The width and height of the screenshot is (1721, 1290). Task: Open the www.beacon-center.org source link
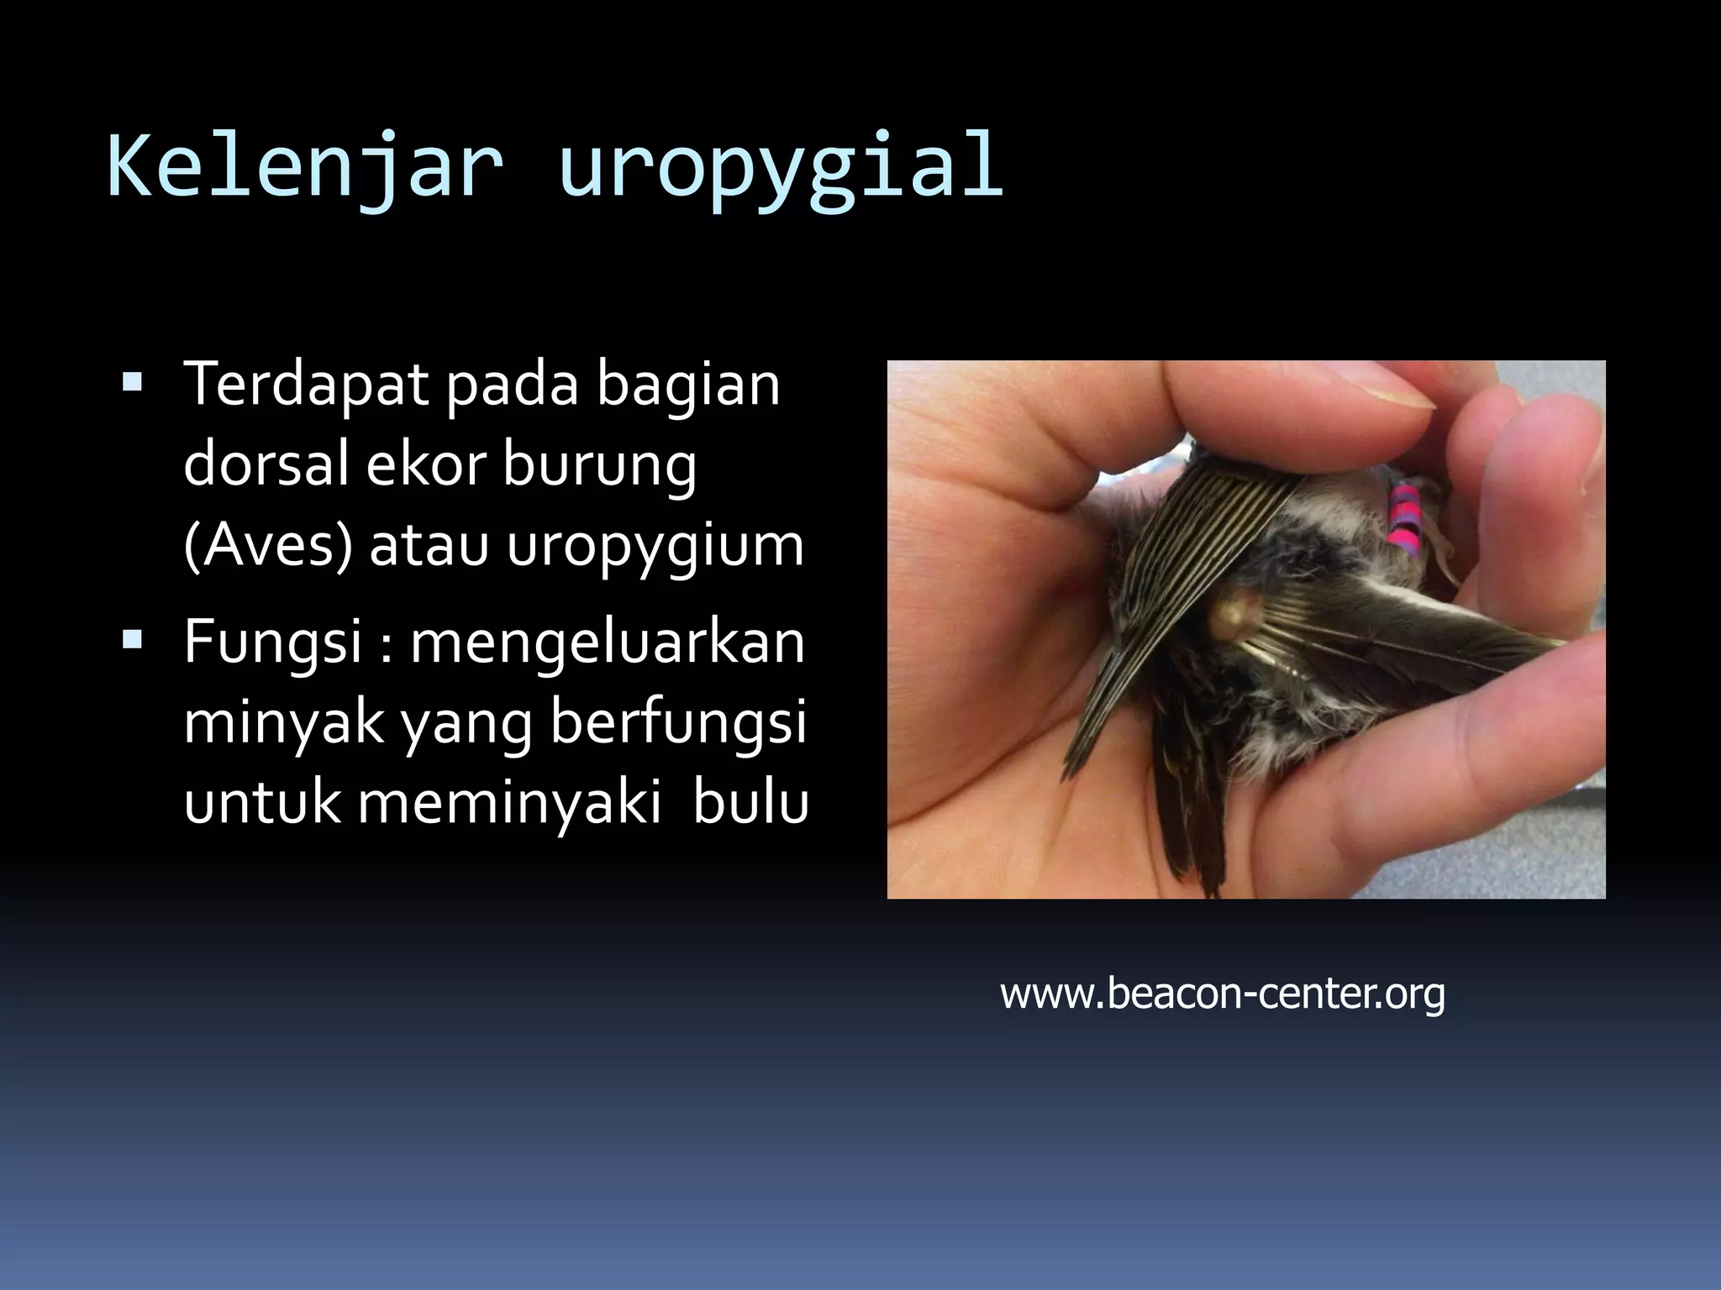(1223, 994)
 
